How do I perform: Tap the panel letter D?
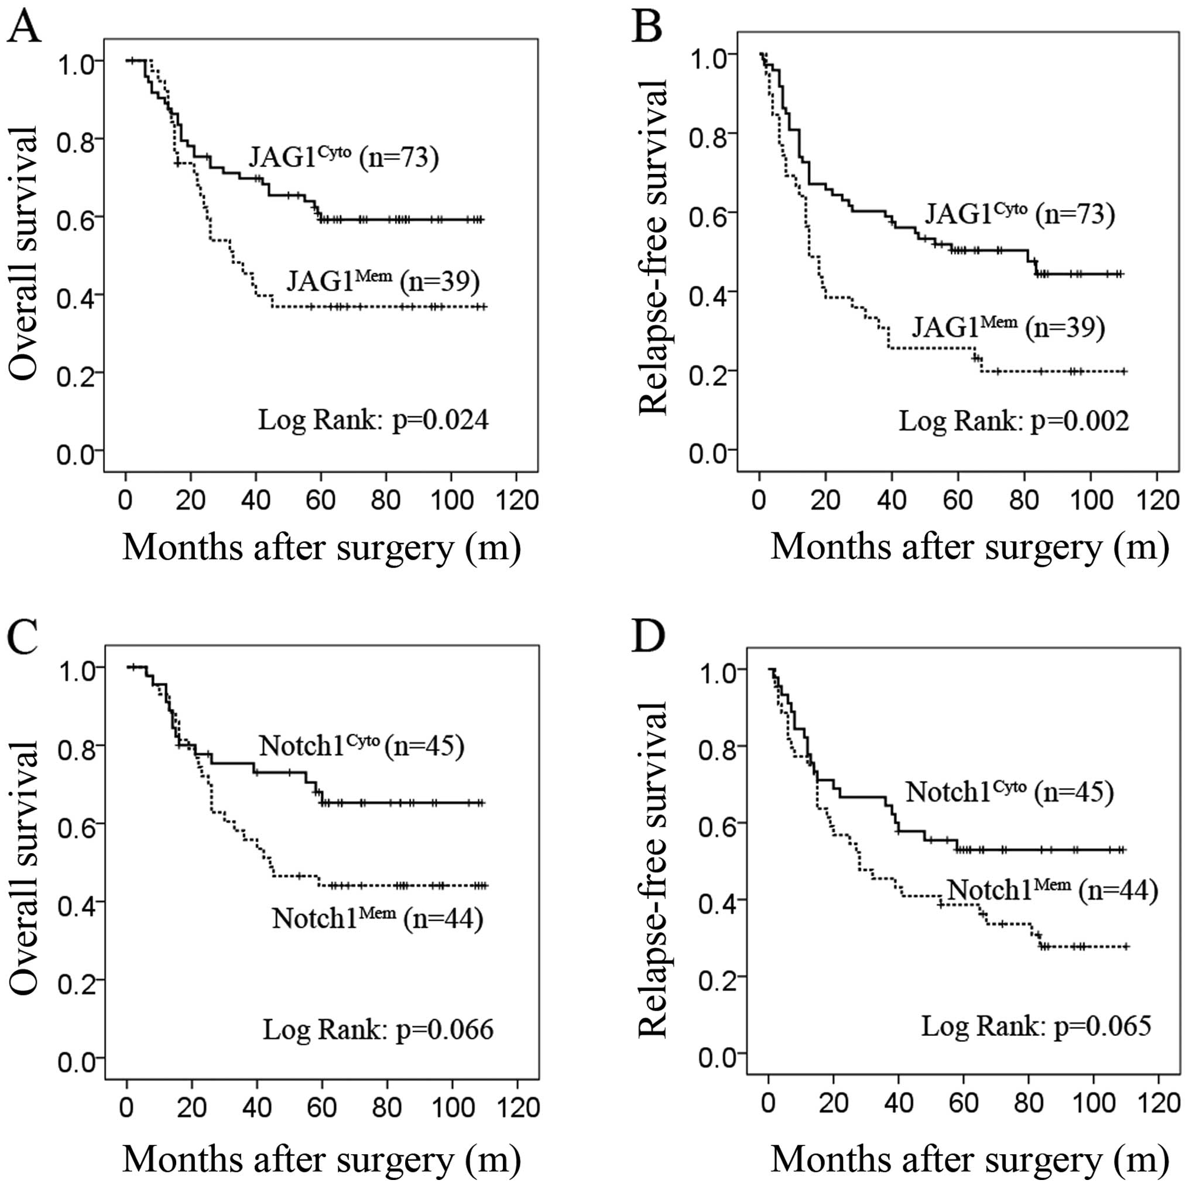(x=649, y=636)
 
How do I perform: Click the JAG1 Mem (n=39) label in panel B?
(x=1008, y=326)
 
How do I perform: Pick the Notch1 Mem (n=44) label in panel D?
(x=1052, y=890)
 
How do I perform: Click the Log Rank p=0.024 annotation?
(x=373, y=420)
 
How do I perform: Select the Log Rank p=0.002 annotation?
(x=1013, y=421)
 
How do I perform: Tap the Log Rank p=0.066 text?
(x=378, y=1029)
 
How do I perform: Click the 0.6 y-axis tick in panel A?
(x=76, y=218)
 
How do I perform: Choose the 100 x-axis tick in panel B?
(x=1091, y=500)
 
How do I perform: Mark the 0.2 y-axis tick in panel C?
(x=77, y=980)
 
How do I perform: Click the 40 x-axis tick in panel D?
(x=899, y=1102)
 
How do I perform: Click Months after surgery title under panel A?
(x=321, y=547)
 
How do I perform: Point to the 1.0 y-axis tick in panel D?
(x=718, y=669)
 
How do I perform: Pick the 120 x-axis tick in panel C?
(x=517, y=1107)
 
